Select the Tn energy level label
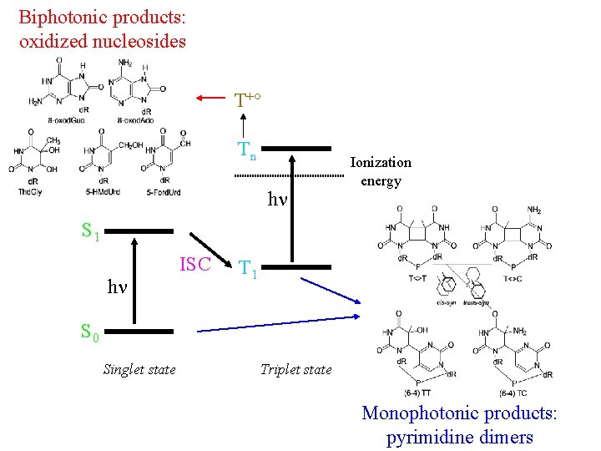(x=247, y=150)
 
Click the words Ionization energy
(x=381, y=171)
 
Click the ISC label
(x=196, y=265)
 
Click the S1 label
(x=90, y=231)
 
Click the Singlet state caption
(x=139, y=369)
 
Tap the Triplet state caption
(x=295, y=369)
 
